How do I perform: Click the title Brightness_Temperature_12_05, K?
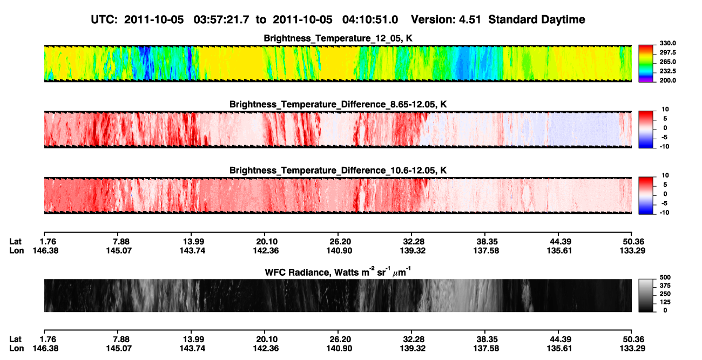(x=338, y=38)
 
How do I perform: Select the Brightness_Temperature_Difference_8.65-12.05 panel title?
(x=338, y=104)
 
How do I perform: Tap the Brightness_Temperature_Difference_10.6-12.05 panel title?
(x=338, y=171)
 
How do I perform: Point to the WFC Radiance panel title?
(x=338, y=272)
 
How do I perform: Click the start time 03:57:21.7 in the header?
(x=221, y=20)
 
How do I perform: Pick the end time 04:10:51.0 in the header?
(x=370, y=20)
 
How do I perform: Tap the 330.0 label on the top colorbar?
(x=667, y=43)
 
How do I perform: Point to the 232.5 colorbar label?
(x=667, y=71)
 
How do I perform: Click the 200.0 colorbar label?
(x=667, y=80)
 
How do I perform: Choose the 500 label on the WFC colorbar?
(x=665, y=277)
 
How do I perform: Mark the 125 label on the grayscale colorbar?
(x=665, y=302)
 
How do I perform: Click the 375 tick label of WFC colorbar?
(x=665, y=286)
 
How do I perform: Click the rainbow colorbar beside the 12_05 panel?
(x=646, y=64)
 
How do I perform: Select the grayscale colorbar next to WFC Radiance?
(x=646, y=295)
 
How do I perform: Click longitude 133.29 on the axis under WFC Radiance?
(x=632, y=349)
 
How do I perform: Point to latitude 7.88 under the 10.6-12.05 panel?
(x=121, y=242)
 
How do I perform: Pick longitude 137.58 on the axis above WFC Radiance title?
(x=486, y=250)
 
